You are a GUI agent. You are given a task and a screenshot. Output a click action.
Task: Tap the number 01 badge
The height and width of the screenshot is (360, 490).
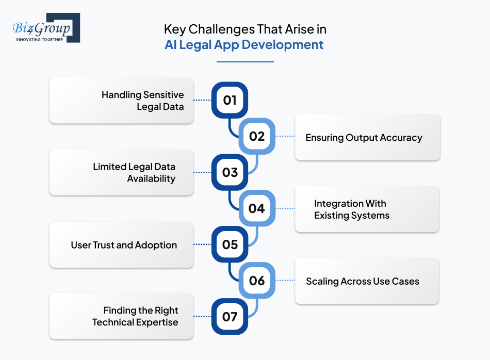click(230, 100)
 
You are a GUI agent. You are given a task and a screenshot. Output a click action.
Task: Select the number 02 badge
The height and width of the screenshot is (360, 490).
click(256, 137)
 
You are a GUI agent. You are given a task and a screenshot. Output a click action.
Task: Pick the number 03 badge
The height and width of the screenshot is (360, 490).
click(230, 172)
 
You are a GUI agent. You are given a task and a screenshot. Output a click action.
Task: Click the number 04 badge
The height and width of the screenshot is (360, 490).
click(256, 208)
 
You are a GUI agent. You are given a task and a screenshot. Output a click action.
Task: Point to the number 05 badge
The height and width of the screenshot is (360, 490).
click(230, 244)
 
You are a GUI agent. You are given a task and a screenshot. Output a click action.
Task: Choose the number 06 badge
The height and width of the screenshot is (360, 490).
click(256, 281)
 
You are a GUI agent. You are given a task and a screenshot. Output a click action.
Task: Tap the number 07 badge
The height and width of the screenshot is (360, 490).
click(230, 316)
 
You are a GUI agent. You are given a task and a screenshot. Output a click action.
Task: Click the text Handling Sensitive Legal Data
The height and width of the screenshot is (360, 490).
click(142, 101)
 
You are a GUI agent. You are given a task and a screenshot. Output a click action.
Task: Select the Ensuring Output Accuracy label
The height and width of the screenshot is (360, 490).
click(364, 138)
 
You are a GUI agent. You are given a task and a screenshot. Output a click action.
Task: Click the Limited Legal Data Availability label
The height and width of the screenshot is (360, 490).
click(134, 173)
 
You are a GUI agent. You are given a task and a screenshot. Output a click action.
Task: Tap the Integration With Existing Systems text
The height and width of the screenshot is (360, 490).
click(351, 209)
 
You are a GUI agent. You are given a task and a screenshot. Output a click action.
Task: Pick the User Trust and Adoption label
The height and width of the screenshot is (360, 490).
click(124, 245)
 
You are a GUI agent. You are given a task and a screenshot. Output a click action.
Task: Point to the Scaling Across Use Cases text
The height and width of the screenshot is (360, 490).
click(362, 282)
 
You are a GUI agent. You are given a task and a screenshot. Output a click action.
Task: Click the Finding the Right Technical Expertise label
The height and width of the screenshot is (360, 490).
click(135, 316)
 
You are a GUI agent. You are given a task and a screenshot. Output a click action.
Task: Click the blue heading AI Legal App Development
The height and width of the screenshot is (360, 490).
click(244, 45)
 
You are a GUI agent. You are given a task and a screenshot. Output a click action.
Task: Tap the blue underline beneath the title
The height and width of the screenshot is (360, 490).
click(244, 62)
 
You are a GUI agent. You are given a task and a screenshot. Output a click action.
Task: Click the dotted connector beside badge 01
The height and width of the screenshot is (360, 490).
click(202, 101)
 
